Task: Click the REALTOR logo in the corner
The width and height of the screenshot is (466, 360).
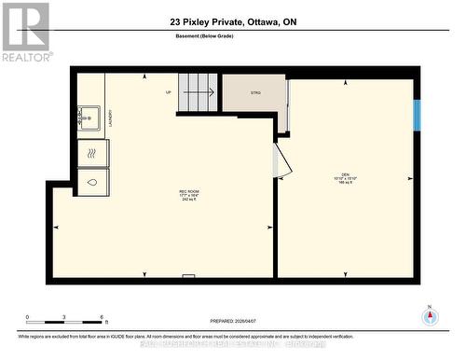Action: click(x=25, y=32)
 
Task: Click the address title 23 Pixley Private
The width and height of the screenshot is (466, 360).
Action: click(x=233, y=21)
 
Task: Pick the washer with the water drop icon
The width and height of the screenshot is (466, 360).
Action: click(x=93, y=182)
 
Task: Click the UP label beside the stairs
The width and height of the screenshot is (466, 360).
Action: click(x=169, y=92)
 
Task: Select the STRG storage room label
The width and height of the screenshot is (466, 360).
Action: click(x=254, y=92)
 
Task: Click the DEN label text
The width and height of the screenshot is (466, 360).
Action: click(x=345, y=177)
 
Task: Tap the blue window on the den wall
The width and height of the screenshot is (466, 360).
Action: click(x=418, y=115)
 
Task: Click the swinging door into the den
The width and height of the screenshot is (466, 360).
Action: click(x=281, y=161)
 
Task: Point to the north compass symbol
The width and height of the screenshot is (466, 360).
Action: click(x=429, y=316)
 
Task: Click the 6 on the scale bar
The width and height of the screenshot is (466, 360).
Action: click(x=101, y=317)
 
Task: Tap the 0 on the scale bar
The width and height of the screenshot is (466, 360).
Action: click(x=27, y=317)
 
